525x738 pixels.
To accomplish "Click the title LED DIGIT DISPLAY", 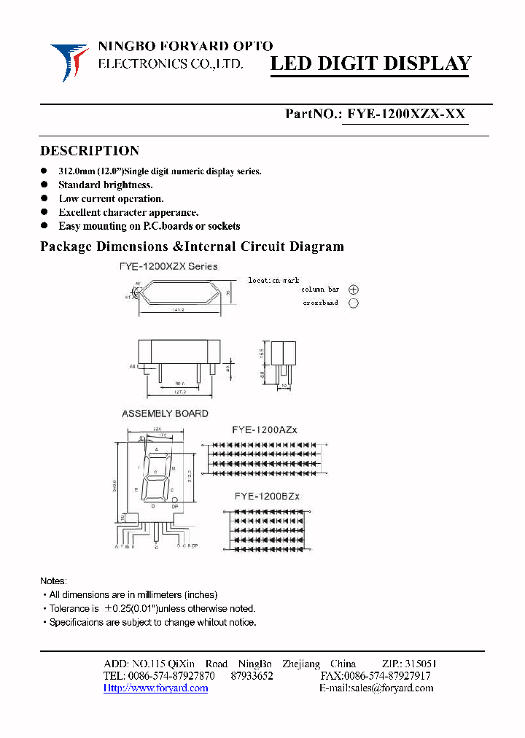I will (370, 64).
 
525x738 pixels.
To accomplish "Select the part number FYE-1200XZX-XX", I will (406, 114).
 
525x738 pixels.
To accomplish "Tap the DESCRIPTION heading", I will (89, 151).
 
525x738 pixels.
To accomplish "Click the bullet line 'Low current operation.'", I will (111, 198).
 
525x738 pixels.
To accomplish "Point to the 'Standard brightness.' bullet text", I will (105, 185).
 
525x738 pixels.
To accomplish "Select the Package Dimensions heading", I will (192, 246).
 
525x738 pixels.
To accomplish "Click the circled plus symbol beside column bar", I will (354, 290).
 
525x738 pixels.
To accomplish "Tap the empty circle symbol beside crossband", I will (354, 303).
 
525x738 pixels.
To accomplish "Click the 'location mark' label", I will (273, 280).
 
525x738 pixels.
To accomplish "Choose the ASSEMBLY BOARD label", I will (165, 413).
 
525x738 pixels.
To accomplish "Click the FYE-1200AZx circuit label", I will (265, 430).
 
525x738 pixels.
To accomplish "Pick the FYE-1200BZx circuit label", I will (267, 497).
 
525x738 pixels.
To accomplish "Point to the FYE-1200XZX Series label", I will (168, 267).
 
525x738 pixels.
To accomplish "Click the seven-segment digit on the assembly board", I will (158, 478).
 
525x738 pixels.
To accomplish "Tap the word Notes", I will (53, 581).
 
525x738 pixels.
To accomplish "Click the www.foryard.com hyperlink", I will (156, 688).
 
